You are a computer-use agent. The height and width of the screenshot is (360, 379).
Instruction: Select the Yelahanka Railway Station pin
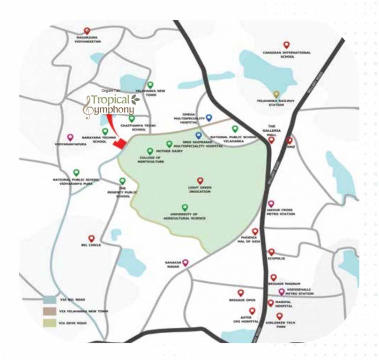click(276, 94)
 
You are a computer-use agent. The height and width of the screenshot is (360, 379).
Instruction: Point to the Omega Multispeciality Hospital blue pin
click(209, 118)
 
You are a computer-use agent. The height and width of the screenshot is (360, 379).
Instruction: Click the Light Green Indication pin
click(200, 180)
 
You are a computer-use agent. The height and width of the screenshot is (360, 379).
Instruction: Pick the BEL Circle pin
click(91, 239)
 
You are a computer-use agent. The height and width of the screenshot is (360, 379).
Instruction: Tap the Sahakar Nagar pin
click(185, 262)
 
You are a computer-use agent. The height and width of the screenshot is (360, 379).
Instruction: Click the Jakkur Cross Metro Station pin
click(271, 204)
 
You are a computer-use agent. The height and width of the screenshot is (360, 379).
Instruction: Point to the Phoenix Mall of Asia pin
click(255, 232)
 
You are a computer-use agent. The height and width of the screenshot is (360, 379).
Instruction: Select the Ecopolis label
click(277, 258)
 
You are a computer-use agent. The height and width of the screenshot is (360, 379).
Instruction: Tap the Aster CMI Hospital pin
click(252, 311)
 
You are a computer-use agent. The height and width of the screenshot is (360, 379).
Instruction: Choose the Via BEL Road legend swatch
click(51, 299)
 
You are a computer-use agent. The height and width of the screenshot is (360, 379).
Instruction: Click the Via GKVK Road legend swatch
click(51, 322)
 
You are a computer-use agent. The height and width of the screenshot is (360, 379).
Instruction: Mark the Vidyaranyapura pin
click(70, 137)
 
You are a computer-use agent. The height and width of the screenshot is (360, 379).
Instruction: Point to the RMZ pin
click(289, 140)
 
